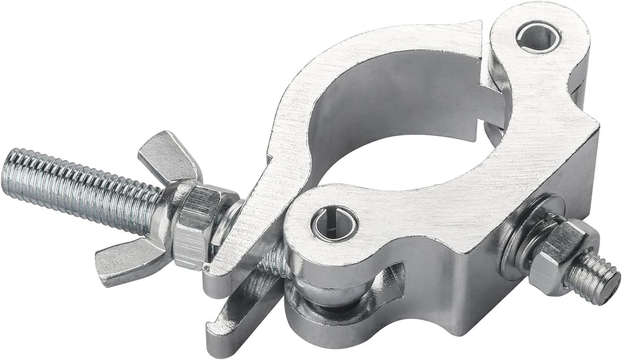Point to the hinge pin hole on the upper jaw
pos(536,36)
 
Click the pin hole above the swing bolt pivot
pos(334,223)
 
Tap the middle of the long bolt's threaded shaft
pos(83,185)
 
